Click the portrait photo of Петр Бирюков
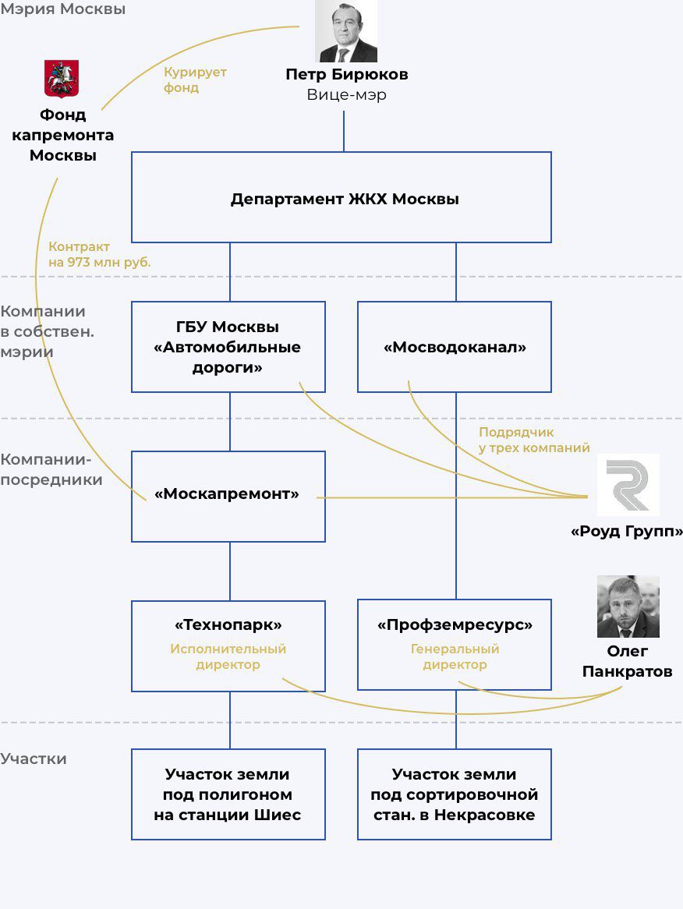coord(346,30)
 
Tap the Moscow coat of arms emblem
coord(62,78)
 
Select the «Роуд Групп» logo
coord(628,485)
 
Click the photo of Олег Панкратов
coord(628,607)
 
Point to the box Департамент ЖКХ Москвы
coord(341,197)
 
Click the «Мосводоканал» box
coord(455,347)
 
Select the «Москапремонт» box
coord(228,497)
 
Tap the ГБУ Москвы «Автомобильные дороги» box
coord(228,347)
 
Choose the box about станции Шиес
coord(228,794)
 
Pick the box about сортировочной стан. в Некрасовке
coord(455,794)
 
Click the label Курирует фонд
coord(195,80)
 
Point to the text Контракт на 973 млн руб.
coord(99,254)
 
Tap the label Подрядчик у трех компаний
coord(534,440)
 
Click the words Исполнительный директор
coord(228,657)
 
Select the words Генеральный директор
coord(455,657)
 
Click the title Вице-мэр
coord(347,94)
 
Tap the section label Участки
coord(34,759)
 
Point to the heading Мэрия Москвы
coord(62,9)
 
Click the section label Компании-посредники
coord(51,469)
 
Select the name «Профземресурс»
coord(455,625)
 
